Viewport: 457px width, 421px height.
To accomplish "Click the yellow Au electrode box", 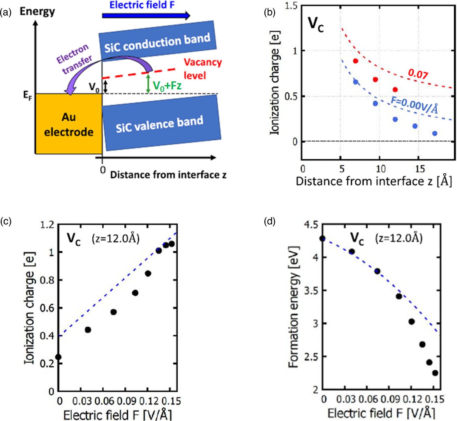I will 69,124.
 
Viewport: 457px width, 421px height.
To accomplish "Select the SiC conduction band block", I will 157,41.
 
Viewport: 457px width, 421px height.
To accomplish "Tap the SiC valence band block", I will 160,124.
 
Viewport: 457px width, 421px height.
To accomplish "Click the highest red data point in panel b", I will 356,61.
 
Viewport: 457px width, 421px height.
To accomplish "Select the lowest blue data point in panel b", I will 435,133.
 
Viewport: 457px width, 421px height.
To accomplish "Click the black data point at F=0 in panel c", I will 58,357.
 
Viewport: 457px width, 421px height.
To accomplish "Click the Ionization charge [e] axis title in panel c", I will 30,308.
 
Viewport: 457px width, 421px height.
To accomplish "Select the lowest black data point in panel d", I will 435,373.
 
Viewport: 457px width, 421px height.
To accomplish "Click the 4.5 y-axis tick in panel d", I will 311,225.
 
